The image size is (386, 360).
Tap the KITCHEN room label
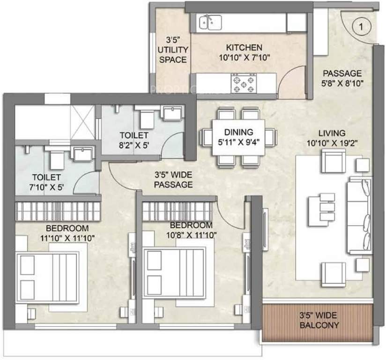pyautogui.click(x=244, y=48)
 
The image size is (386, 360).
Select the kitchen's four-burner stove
pyautogui.click(x=243, y=84)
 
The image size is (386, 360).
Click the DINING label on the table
pyautogui.click(x=238, y=132)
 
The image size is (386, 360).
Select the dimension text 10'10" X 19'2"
pyautogui.click(x=331, y=142)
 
